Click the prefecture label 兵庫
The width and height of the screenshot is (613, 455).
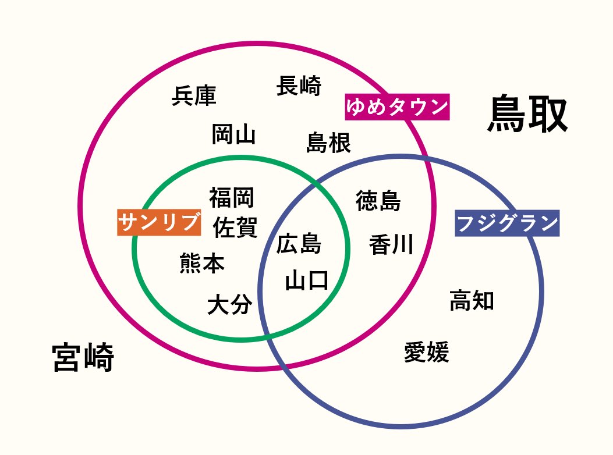point(194,96)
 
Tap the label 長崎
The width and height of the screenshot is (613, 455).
point(299,86)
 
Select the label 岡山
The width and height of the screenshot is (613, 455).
point(233,134)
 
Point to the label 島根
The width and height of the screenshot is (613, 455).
point(329,142)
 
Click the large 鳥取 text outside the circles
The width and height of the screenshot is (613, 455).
point(527,115)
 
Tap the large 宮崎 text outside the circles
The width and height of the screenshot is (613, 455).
point(83,357)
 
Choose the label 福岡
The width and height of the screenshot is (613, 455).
point(232,197)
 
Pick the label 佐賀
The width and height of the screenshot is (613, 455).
point(235,227)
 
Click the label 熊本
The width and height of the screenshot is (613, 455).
point(202,264)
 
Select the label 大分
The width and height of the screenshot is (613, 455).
point(230,304)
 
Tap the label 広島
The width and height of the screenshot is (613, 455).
point(299,243)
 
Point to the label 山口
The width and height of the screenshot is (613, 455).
point(307,281)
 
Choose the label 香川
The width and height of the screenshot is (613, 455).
point(391,244)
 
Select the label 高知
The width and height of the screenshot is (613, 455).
point(472,300)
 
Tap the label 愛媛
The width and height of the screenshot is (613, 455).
point(427,353)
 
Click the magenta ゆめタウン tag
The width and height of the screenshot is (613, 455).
point(397,107)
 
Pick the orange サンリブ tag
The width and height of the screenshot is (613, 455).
point(159,222)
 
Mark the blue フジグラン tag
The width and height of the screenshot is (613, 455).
point(506,223)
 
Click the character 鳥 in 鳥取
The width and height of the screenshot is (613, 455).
point(507,115)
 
